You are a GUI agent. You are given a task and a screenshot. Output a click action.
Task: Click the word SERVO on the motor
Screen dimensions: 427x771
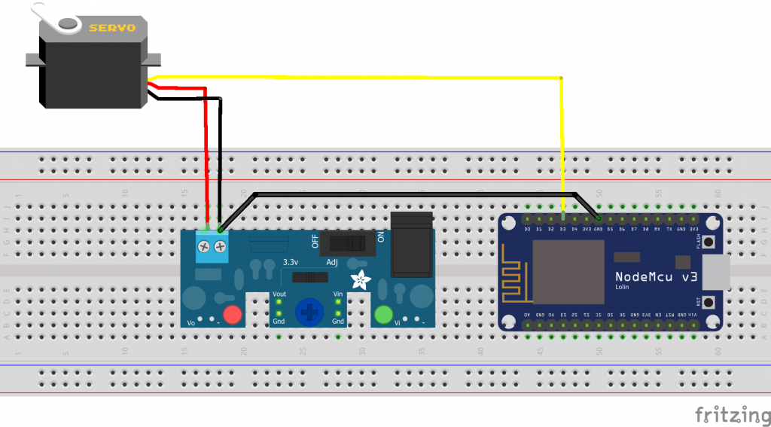click(112, 29)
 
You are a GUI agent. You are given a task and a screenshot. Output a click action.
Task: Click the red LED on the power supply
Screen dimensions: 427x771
click(232, 315)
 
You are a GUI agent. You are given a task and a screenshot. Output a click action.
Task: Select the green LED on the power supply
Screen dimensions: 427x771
click(384, 314)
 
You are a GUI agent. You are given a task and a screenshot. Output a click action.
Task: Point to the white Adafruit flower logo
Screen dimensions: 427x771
click(362, 280)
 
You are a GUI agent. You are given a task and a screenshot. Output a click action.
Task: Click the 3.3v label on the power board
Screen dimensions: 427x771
click(289, 262)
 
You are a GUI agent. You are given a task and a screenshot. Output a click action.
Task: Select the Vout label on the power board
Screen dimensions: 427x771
click(279, 294)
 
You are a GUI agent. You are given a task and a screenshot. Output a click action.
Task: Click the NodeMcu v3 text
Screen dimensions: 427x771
click(656, 277)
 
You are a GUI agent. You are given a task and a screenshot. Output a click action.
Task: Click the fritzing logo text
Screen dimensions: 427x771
click(726, 414)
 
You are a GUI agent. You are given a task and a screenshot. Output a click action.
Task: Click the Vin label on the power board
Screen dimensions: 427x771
click(338, 294)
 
